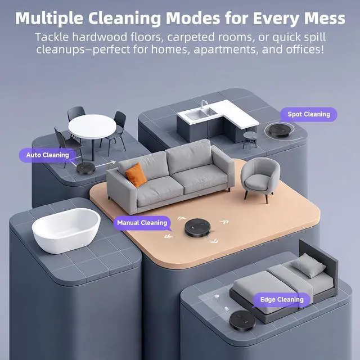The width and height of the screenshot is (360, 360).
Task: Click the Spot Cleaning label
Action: point(309,114)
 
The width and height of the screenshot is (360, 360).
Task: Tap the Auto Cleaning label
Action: point(47,155)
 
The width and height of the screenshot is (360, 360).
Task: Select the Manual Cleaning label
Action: point(142,223)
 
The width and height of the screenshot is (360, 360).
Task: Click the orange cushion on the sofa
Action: point(136,174)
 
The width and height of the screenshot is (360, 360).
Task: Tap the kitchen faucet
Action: point(204,105)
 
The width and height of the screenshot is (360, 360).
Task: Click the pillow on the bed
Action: point(308,264)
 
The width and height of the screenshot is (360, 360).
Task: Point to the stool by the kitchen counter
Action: point(249,139)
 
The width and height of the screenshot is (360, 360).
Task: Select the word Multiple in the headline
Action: point(51,18)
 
